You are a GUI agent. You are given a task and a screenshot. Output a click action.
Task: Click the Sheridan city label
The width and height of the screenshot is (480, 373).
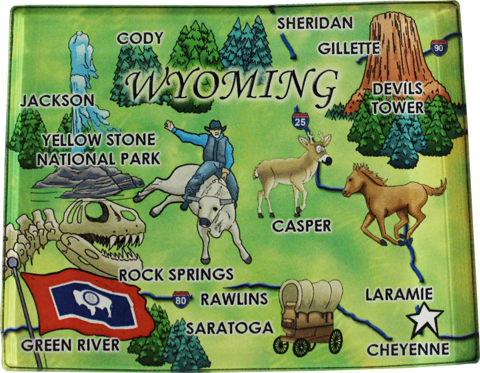314,23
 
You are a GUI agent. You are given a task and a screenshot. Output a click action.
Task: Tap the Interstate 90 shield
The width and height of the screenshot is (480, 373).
439,47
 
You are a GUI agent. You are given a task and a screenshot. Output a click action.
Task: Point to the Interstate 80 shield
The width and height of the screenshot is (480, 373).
181,299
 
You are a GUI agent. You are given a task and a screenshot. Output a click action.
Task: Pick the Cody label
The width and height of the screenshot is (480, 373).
140,38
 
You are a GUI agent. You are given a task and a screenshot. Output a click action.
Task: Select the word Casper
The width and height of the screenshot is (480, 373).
301,226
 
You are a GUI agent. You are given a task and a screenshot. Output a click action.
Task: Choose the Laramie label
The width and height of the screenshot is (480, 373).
399,294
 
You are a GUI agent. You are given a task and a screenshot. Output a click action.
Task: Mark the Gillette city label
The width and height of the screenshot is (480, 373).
349,48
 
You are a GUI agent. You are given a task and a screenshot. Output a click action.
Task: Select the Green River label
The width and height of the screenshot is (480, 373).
70,345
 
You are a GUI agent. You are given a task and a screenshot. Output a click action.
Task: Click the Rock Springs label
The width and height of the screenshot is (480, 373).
176,275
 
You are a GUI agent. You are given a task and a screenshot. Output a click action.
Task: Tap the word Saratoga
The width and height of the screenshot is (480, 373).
230,328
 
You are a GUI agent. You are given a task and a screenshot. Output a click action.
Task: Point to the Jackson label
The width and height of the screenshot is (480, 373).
58,101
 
